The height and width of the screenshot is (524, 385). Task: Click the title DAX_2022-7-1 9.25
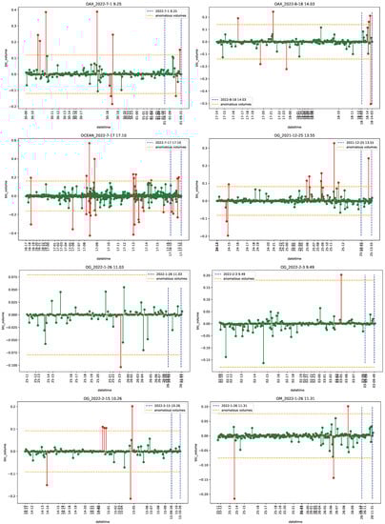pyautogui.click(x=95, y=5)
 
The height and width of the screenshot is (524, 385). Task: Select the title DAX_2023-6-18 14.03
pyautogui.click(x=289, y=5)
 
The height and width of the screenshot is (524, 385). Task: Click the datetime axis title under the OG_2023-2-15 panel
pyautogui.click(x=95, y=520)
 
